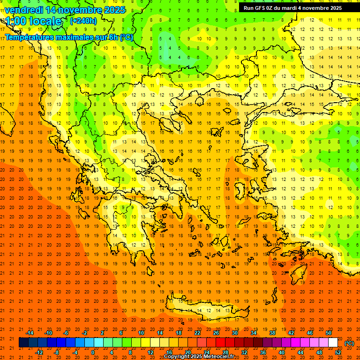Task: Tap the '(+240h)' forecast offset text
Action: [83, 21]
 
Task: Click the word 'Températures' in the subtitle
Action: [30, 37]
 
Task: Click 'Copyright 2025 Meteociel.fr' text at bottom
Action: [199, 356]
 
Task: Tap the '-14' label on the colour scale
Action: [29, 333]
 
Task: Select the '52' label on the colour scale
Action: [338, 352]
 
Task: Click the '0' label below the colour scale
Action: [93, 352]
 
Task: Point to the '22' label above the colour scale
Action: [197, 333]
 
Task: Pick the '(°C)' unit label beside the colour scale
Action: [349, 343]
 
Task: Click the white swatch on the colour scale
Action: [333, 343]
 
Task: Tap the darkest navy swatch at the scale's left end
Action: [23, 343]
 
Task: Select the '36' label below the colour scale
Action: [263, 352]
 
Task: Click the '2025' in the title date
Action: [114, 10]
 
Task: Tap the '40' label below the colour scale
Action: [282, 352]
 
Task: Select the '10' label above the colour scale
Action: [141, 333]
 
